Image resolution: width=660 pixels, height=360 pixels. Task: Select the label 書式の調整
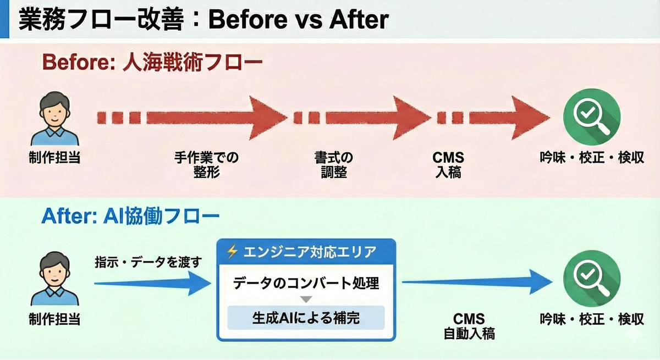pyautogui.click(x=333, y=165)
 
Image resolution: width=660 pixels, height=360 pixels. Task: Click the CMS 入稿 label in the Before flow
pyautogui.click(x=448, y=165)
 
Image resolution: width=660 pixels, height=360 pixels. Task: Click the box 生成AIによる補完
pyautogui.click(x=306, y=317)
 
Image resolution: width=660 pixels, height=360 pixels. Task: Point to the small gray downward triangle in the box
pyautogui.click(x=306, y=300)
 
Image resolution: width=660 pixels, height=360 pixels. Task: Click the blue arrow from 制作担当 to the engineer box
pyautogui.click(x=154, y=283)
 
